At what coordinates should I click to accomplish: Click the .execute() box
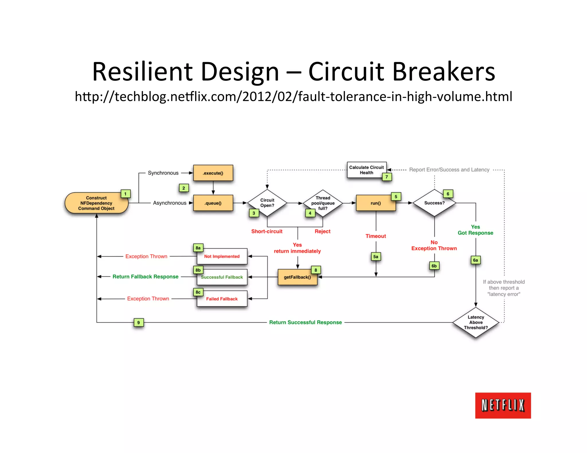pos(213,173)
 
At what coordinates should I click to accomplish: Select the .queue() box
pos(213,203)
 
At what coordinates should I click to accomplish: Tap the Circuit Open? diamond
pos(267,203)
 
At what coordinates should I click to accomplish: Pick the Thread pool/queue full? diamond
pos(323,203)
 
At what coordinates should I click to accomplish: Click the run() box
pos(375,203)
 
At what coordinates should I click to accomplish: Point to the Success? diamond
pos(434,203)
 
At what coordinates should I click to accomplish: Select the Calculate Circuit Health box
pos(366,170)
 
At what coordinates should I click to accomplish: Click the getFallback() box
pos(297,277)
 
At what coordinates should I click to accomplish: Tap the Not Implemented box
pos(222,256)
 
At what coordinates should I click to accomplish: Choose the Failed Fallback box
pos(222,299)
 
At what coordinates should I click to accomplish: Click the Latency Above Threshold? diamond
pos(476,322)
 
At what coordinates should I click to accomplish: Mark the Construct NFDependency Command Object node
pos(96,203)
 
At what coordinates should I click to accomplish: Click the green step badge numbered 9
pos(138,323)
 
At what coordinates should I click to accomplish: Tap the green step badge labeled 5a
pos(376,257)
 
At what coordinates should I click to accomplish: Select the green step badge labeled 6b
pos(434,266)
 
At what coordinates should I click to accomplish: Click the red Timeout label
pos(375,236)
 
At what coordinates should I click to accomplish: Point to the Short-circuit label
pos(267,231)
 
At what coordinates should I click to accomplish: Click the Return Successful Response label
pos(305,322)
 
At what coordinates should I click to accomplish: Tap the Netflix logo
pos(503,405)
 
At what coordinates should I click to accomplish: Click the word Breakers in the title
pos(443,72)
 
